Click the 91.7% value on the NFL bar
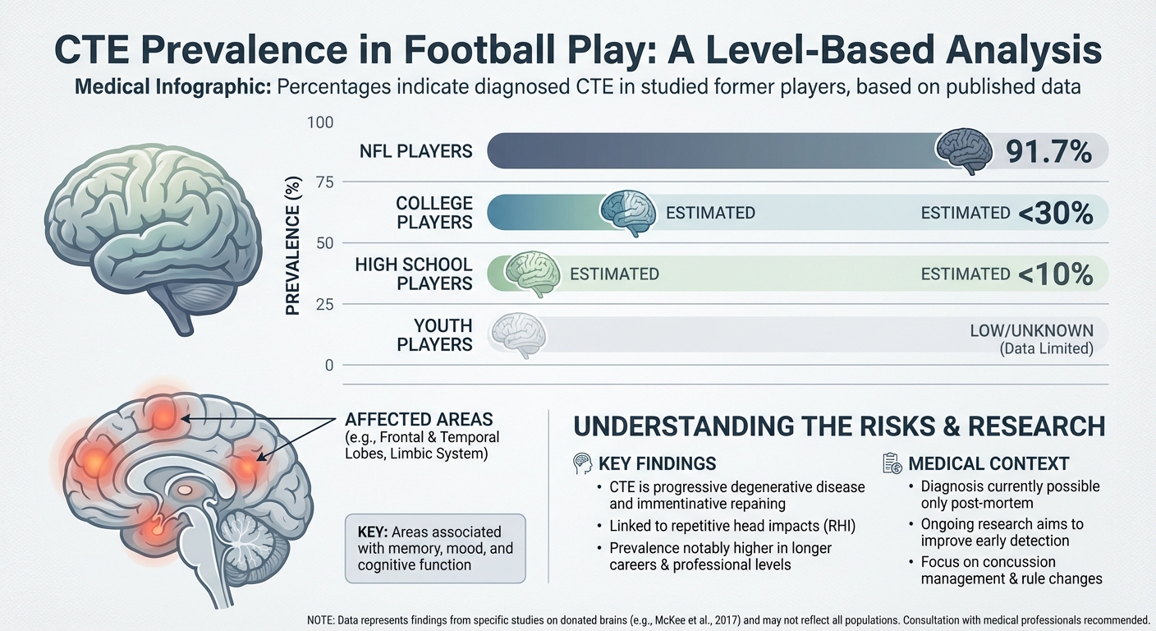tap(1048, 152)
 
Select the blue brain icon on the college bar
tap(628, 212)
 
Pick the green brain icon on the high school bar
tap(531, 273)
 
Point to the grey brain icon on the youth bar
tap(518, 335)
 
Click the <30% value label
tap(1056, 214)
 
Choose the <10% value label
tap(1056, 274)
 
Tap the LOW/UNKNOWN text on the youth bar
tap(1031, 331)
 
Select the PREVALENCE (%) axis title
tap(292, 244)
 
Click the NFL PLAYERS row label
tap(415, 151)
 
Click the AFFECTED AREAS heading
tap(418, 417)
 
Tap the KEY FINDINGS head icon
tap(581, 464)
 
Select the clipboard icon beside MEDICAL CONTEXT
tap(892, 463)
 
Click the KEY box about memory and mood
tap(434, 549)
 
